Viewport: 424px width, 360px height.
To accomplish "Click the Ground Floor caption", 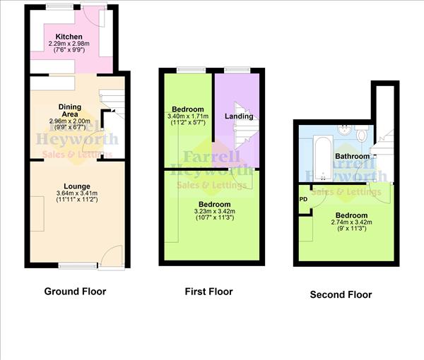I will coord(75,291).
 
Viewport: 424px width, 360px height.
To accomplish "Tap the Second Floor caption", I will coord(341,294).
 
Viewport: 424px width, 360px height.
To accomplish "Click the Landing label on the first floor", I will coord(239,116).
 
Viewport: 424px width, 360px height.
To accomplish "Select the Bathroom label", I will coord(351,156).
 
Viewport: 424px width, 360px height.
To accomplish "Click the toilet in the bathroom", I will coord(362,133).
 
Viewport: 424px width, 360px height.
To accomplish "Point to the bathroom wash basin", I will coord(344,130).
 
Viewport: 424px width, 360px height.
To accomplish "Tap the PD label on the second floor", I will coord(303,199).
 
